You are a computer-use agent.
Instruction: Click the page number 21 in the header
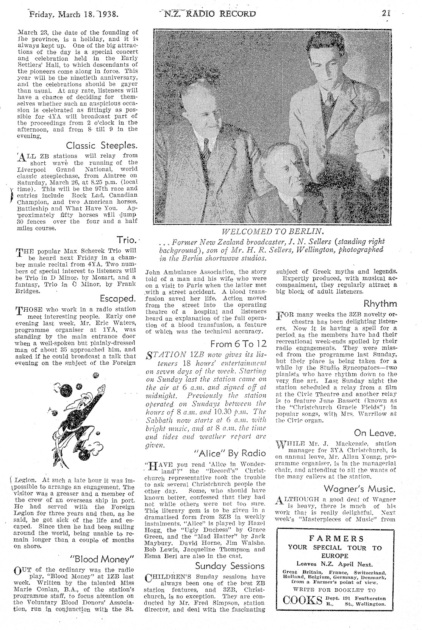(x=386, y=14)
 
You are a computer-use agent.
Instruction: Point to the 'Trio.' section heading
(x=126, y=240)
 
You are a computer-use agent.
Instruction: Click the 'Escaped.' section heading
(x=118, y=298)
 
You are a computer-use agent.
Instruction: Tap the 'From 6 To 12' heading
(x=238, y=344)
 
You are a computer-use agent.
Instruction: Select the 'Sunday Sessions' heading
(x=230, y=566)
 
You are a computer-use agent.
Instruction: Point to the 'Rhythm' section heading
(x=380, y=303)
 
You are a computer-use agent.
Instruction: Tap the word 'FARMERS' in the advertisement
(x=336, y=539)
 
